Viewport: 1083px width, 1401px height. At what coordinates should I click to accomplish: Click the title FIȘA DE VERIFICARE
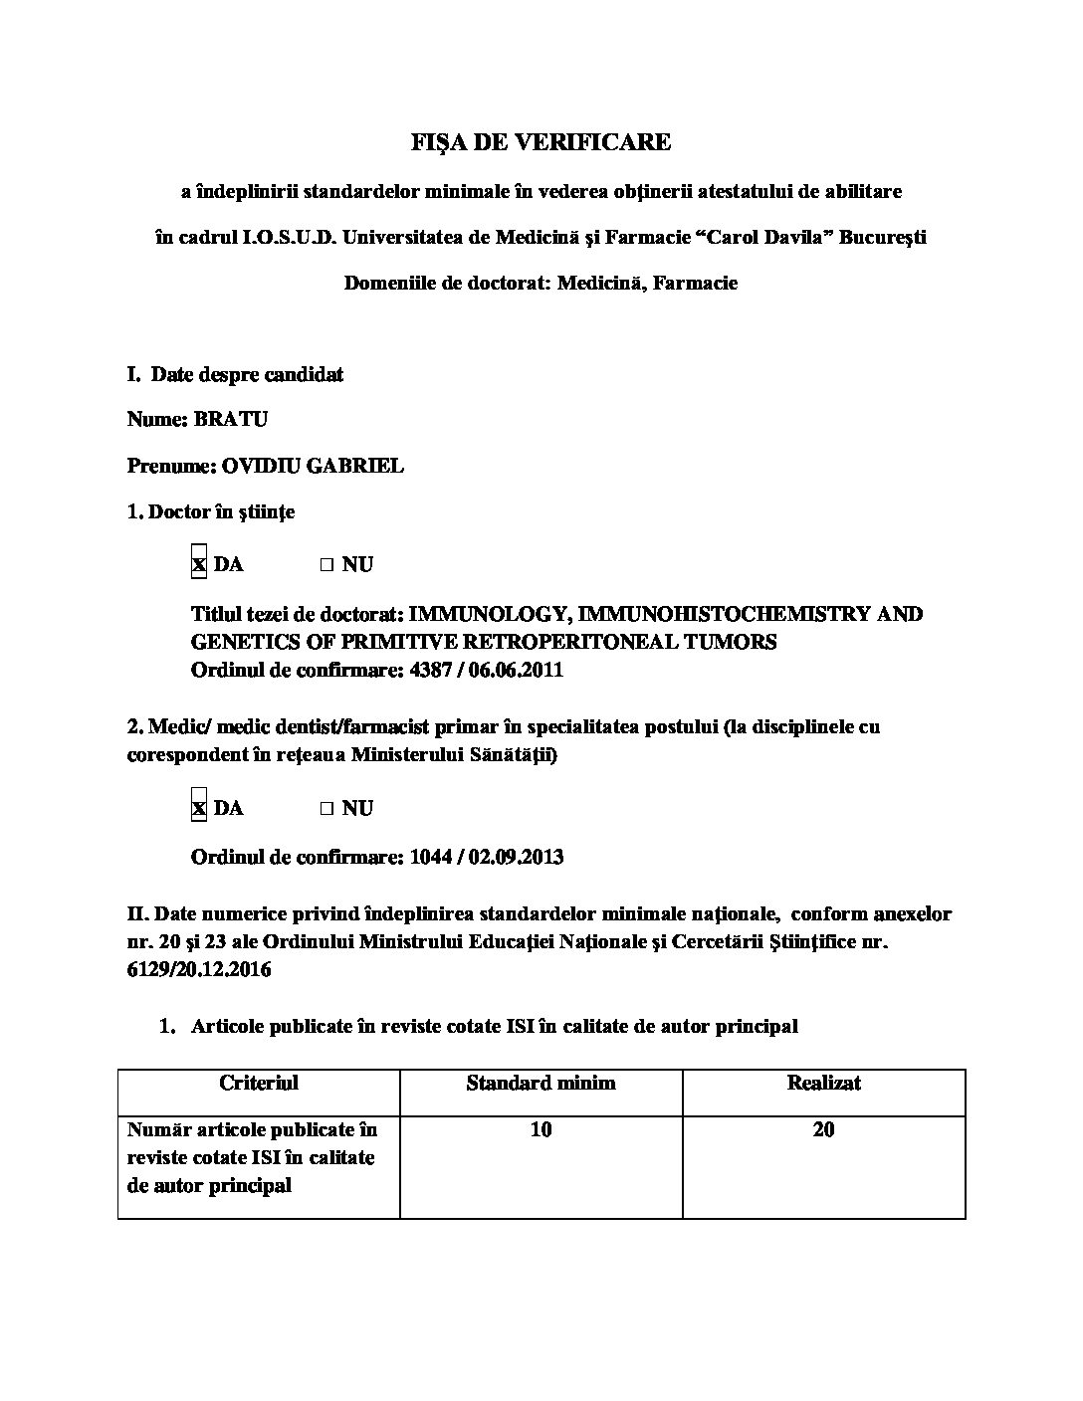541,142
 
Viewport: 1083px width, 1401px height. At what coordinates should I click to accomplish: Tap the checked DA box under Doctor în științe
199,564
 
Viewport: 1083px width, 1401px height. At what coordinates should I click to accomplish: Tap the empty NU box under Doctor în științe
325,565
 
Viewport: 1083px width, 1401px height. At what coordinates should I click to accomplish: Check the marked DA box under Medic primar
199,808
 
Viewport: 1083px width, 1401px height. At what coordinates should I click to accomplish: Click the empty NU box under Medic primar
325,809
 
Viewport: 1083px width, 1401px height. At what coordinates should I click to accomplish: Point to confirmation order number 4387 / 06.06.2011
486,670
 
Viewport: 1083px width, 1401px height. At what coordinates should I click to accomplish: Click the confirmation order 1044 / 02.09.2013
486,857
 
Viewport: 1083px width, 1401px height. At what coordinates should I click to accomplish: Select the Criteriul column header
259,1083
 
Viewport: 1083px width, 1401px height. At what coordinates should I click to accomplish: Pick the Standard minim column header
541,1083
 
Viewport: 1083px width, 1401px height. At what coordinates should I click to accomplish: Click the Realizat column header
823,1083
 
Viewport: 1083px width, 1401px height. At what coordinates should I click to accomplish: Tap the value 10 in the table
541,1130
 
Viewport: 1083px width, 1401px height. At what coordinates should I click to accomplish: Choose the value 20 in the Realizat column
823,1130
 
